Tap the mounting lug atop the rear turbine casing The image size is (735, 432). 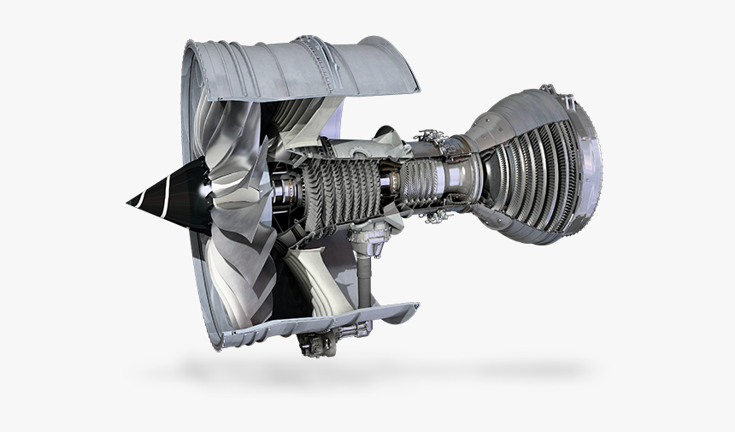pyautogui.click(x=546, y=89)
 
